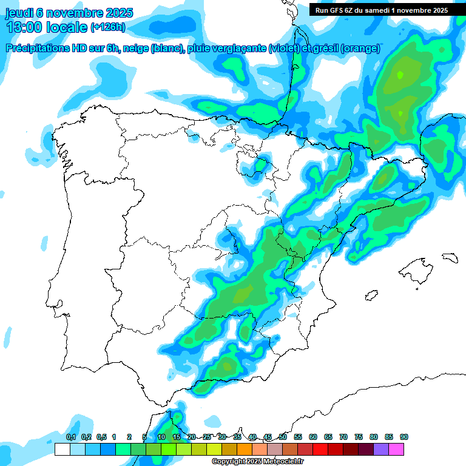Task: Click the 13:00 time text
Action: click(x=25, y=27)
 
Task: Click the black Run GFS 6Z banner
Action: click(x=381, y=10)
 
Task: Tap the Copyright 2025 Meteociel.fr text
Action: click(x=258, y=462)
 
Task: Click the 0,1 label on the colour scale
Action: click(x=70, y=437)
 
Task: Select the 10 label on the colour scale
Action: click(x=161, y=437)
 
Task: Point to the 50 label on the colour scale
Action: click(x=283, y=437)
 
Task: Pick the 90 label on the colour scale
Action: click(x=404, y=437)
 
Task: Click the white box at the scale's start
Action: click(x=62, y=449)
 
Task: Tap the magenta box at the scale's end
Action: click(x=396, y=449)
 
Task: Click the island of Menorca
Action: click(x=450, y=257)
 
